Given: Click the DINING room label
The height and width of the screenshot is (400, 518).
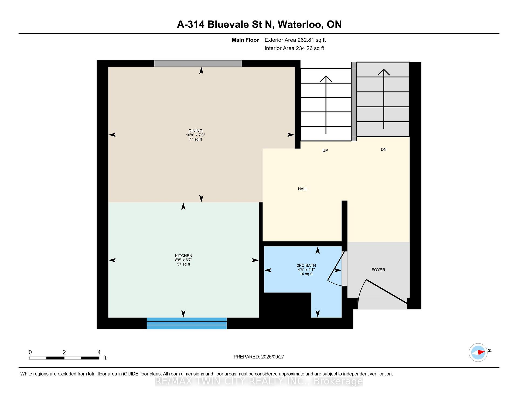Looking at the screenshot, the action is click(195, 131).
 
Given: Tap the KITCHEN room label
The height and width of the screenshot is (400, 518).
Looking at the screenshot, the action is click(183, 256).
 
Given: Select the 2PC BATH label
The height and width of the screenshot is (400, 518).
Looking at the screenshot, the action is click(306, 265).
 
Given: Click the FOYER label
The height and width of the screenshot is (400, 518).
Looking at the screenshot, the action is click(378, 270).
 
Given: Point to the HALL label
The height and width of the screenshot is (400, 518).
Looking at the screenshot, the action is click(303, 189).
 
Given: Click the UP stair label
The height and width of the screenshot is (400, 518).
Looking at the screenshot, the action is click(325, 150).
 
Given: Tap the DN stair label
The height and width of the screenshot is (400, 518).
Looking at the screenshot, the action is click(384, 149).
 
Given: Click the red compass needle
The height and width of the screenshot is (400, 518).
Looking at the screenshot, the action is click(481, 352).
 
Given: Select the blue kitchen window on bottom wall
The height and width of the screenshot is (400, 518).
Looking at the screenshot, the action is click(187, 323).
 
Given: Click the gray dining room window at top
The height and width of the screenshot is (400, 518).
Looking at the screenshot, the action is click(198, 63).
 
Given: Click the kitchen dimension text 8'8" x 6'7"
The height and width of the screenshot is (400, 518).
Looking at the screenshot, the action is click(183, 260).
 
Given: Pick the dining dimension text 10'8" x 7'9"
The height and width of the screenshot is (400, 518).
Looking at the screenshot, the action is click(195, 135).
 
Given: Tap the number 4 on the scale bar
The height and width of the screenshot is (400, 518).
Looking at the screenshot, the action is click(99, 352).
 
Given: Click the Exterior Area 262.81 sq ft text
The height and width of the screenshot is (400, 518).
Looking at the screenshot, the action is click(295, 40).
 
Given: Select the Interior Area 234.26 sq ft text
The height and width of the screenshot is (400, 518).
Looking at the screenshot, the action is click(294, 48).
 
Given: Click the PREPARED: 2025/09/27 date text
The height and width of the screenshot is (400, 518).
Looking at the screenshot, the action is click(259, 357).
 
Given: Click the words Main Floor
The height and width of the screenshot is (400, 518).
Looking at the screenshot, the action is click(245, 40).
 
